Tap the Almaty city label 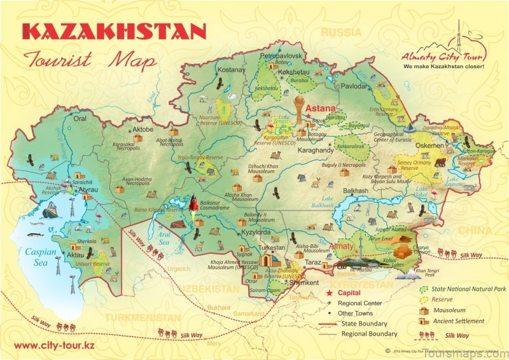(342, 246)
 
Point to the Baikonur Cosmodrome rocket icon (193, 204)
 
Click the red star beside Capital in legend (330, 293)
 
